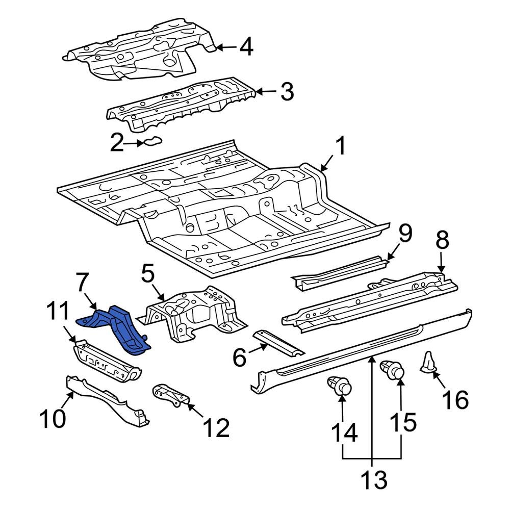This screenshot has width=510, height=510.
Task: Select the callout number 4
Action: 246,47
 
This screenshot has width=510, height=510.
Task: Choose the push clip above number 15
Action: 393,370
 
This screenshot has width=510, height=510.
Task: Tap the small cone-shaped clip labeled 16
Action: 428,363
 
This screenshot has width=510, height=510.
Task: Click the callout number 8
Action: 442,240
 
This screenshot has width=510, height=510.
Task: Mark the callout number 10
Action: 53,419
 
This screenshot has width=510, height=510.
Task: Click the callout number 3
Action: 287,92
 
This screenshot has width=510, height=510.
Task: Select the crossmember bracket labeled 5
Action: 191,314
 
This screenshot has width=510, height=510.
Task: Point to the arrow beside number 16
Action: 437,380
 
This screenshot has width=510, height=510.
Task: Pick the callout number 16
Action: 455,400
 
